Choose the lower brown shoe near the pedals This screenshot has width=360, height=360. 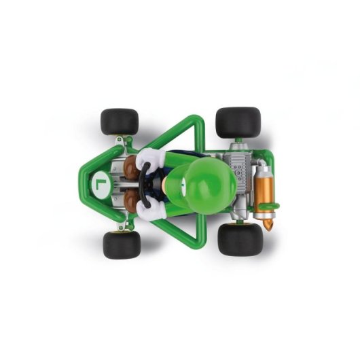click(131, 198)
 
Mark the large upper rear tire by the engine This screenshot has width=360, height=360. click(238, 123)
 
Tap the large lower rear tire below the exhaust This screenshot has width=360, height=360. click(240, 240)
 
